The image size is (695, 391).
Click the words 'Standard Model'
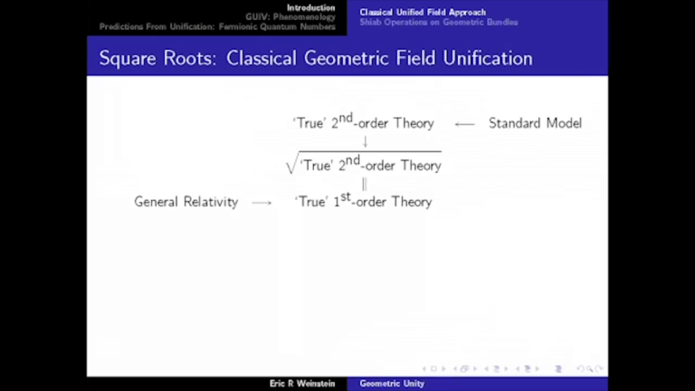coord(535,123)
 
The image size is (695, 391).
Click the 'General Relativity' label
coord(186,202)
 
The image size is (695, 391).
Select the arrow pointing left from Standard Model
coord(464,124)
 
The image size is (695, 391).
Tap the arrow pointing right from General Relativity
coord(262,203)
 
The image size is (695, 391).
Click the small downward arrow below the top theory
coord(365,142)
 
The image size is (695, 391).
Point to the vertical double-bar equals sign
coord(365,184)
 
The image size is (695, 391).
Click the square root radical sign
coord(291,165)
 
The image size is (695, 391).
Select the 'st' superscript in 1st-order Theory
coord(346,195)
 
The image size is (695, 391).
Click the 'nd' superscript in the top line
coord(346,118)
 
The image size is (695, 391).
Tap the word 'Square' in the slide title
coord(128,59)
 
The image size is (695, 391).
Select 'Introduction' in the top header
coord(311,7)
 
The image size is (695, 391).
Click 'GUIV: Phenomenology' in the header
coord(290,17)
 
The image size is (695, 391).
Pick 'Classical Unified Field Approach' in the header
coord(423,12)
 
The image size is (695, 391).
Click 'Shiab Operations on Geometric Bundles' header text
coord(439,22)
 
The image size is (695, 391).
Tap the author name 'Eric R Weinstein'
coord(302,384)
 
